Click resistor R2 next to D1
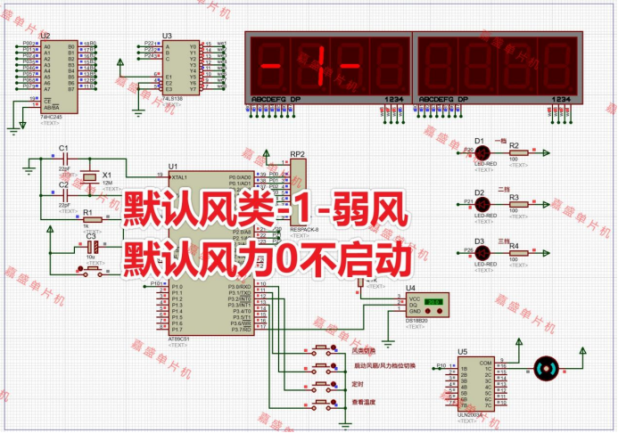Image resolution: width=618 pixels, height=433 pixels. (515, 152)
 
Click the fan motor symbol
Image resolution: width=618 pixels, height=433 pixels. (548, 367)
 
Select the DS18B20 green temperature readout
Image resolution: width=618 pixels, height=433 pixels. (434, 302)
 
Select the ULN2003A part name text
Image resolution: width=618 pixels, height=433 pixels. (469, 414)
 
